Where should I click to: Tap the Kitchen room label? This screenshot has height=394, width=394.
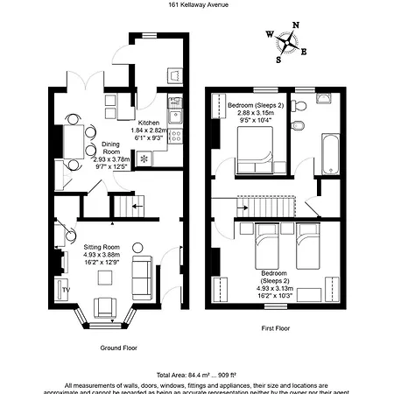[x=151, y=123]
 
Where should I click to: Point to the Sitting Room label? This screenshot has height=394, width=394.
[x=102, y=247]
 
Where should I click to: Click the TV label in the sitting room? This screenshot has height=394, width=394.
[x=66, y=288]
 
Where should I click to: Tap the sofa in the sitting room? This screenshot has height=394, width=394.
[x=141, y=276]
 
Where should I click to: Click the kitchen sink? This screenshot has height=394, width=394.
[x=176, y=114]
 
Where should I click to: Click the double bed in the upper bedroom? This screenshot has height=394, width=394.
[x=255, y=155]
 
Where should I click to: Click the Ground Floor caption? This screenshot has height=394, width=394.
[x=118, y=348]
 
